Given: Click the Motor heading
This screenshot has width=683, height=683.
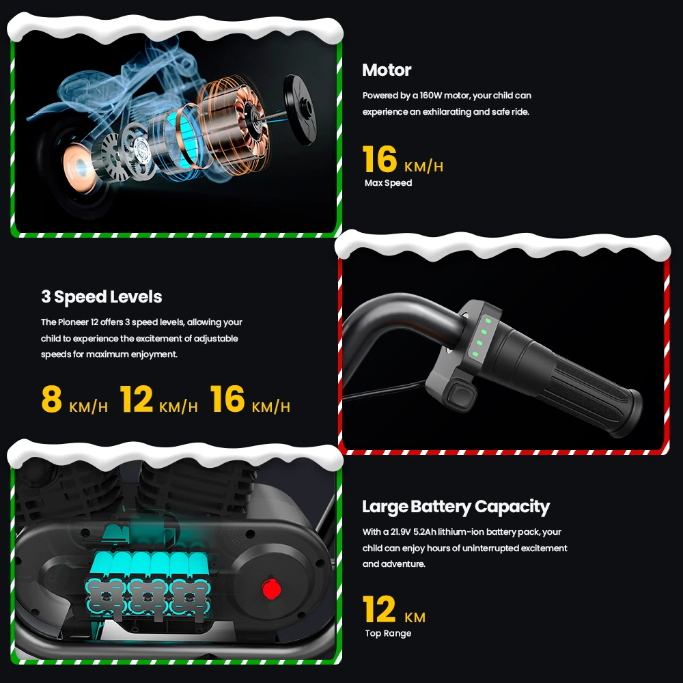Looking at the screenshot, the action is [x=387, y=70].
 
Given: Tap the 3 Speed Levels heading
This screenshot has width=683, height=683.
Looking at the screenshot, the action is [x=102, y=296].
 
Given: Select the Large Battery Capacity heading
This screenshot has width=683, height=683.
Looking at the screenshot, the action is [x=456, y=507].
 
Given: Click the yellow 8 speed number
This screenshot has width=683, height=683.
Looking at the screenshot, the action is [x=51, y=399].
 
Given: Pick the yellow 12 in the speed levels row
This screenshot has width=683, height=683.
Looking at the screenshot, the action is [x=137, y=399].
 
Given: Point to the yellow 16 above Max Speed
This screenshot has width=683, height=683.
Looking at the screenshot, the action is [x=379, y=159].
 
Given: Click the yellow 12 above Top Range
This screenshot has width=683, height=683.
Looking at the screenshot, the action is [x=379, y=609].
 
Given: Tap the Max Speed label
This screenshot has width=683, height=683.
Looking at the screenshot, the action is [x=388, y=183].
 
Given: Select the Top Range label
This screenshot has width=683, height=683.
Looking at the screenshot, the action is [x=388, y=633].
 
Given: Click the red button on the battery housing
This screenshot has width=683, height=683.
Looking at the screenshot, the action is [x=271, y=589].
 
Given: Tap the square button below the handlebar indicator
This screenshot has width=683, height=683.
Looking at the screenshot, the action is [x=461, y=396].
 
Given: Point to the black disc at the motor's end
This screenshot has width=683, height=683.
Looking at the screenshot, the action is [x=300, y=109].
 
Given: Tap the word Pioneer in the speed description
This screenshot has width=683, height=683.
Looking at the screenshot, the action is [x=73, y=322].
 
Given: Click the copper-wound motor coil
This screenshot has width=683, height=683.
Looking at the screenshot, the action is [x=233, y=126].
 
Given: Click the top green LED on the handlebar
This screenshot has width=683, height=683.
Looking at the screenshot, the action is [x=488, y=320].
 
